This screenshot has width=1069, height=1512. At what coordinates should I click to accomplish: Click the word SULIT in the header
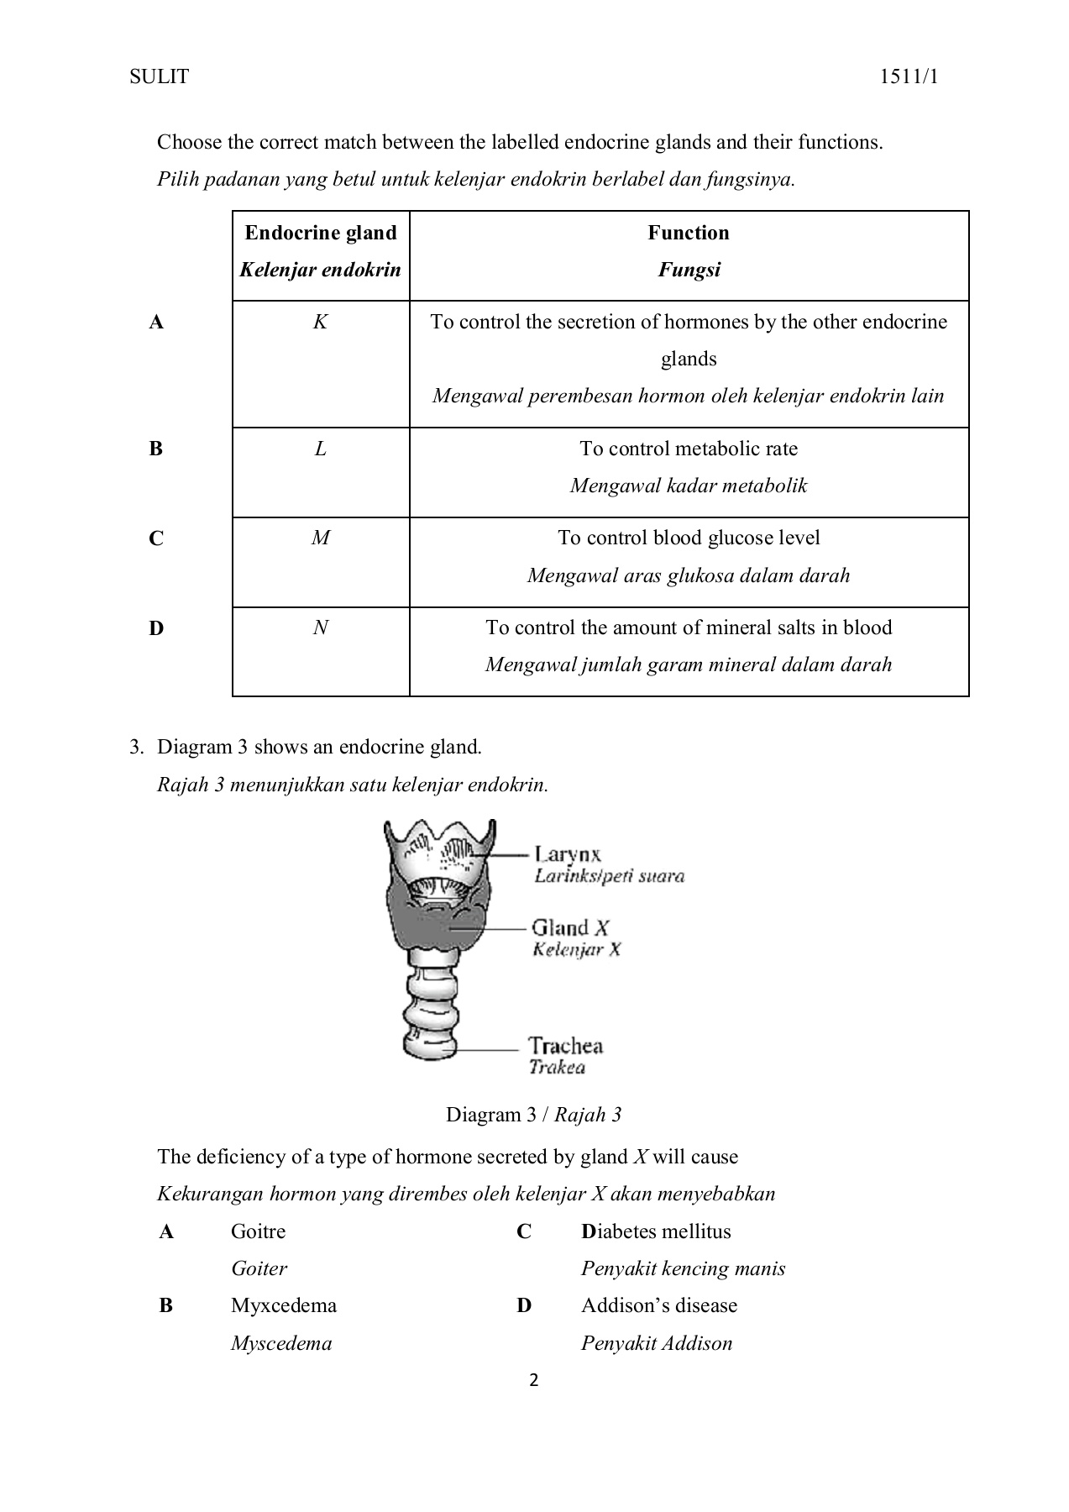(159, 77)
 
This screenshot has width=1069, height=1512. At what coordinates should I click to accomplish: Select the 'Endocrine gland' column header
(320, 234)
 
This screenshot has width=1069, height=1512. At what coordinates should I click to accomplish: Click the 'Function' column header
(688, 234)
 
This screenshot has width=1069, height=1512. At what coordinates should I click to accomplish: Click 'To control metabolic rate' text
(688, 449)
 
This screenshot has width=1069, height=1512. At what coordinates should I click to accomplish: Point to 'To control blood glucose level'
(688, 538)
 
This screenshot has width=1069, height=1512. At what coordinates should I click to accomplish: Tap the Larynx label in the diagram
(568, 855)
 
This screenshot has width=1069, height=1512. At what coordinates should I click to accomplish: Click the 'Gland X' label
(570, 928)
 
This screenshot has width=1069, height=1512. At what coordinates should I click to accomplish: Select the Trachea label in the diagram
(565, 1047)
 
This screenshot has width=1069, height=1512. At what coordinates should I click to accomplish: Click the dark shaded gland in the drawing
(428, 924)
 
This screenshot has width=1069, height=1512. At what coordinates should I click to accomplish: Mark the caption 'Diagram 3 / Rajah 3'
(533, 1116)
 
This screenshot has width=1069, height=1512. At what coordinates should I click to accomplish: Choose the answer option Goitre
(258, 1232)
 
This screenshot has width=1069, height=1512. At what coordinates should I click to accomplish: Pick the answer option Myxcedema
(283, 1306)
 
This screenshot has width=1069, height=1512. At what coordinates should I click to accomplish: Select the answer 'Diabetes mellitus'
(655, 1232)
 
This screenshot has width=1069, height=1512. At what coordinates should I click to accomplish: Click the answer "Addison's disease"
(658, 1306)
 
